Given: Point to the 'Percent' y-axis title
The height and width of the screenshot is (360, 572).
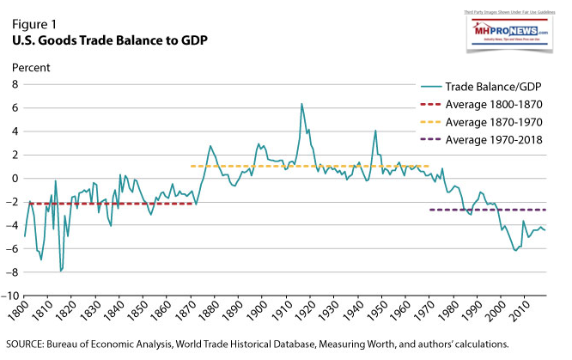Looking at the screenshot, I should (30, 66).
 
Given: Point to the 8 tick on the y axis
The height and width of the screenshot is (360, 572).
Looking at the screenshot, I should (14, 85).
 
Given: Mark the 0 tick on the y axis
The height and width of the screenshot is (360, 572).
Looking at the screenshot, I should (14, 179).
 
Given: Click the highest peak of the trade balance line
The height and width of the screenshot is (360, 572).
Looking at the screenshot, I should (301, 104).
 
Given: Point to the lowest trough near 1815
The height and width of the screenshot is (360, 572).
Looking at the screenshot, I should (60, 271).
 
